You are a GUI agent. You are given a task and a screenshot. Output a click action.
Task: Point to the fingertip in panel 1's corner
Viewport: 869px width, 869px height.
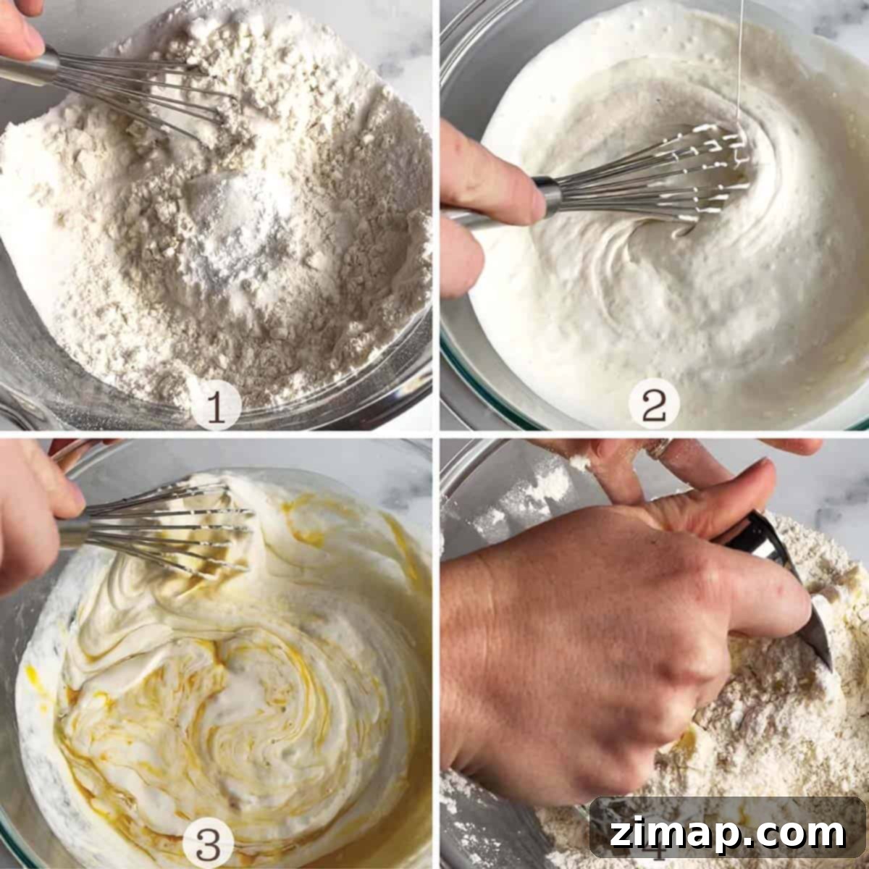pyautogui.click(x=22, y=27)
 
